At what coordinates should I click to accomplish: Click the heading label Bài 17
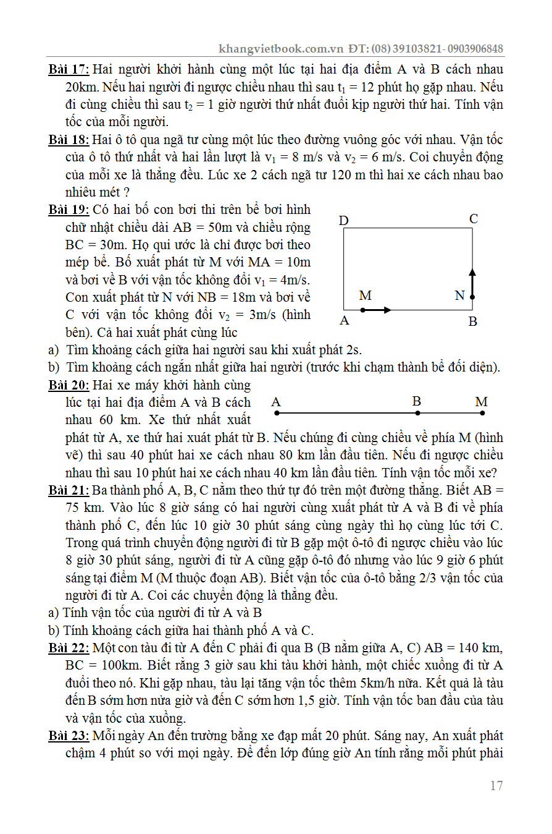(x=69, y=69)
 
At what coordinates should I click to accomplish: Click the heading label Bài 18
(x=69, y=140)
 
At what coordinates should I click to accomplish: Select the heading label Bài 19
(x=69, y=210)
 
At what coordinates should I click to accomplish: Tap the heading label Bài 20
(x=69, y=386)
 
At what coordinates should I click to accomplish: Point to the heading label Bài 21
(x=69, y=491)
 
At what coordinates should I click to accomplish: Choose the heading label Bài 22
(x=69, y=648)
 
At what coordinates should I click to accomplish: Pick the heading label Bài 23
(x=69, y=736)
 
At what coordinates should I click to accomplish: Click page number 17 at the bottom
(x=496, y=786)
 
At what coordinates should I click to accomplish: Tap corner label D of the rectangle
(x=344, y=221)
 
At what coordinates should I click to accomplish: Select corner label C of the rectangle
(x=474, y=219)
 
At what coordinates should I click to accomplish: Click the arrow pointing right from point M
(x=377, y=310)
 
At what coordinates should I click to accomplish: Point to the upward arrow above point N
(x=472, y=281)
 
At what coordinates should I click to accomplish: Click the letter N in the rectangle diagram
(x=459, y=296)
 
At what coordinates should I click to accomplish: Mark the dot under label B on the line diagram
(x=417, y=412)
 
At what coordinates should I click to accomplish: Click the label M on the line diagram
(x=482, y=402)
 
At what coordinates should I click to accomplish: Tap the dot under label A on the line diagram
(x=276, y=412)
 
